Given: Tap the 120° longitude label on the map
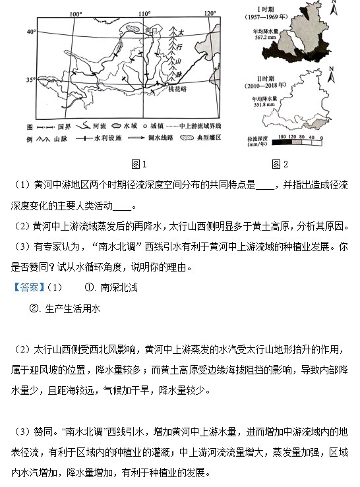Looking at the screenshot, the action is pos(210,13).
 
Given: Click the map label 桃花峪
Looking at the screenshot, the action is pos(196,88).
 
